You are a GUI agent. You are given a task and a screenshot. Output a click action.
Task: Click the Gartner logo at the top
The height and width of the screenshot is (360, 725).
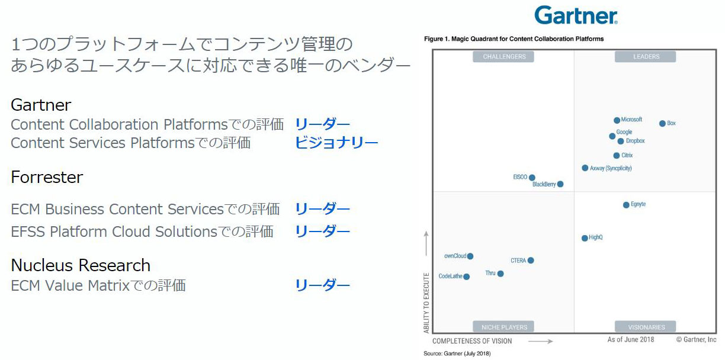(x=576, y=15)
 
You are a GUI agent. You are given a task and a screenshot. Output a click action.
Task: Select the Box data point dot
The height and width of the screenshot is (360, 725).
(x=662, y=124)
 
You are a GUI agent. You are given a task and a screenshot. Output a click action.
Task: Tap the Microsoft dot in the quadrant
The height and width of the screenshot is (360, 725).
(x=617, y=120)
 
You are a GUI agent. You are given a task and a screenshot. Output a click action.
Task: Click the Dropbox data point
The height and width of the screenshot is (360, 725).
(x=621, y=142)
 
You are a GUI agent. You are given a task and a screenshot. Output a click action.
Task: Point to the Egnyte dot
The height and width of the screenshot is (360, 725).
(x=626, y=205)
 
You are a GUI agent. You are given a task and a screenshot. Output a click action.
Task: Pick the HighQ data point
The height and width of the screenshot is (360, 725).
(x=585, y=239)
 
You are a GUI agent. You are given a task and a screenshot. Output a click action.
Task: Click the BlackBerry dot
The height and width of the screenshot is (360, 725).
(x=560, y=184)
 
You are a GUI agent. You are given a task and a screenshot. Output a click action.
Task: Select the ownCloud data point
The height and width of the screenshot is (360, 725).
(x=470, y=256)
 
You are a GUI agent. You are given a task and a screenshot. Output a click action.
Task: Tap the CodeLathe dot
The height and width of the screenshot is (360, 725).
(x=466, y=277)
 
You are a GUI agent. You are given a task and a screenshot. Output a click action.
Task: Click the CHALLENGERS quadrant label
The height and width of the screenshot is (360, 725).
(x=503, y=57)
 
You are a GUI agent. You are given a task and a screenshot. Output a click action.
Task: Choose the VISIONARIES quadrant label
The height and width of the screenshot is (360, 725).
(x=646, y=327)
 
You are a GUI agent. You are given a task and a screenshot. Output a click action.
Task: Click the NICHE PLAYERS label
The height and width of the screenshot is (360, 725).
(x=503, y=327)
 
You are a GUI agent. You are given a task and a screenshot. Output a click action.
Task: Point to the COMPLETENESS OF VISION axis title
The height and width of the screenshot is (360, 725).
(x=472, y=341)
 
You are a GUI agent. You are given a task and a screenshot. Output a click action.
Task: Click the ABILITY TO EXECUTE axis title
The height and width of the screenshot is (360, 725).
(x=426, y=303)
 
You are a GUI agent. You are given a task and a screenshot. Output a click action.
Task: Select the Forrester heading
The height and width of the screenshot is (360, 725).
(x=47, y=177)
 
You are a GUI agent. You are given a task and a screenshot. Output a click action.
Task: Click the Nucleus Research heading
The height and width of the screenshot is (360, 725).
(x=81, y=265)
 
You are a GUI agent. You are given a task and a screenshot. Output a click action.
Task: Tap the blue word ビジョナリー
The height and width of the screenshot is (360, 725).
(x=336, y=143)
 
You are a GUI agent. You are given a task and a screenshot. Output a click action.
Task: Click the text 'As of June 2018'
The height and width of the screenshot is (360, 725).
(x=630, y=340)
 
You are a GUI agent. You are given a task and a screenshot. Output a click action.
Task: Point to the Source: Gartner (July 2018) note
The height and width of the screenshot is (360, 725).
(x=457, y=353)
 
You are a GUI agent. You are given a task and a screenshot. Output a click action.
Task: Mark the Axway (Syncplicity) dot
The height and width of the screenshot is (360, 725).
(x=585, y=168)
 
